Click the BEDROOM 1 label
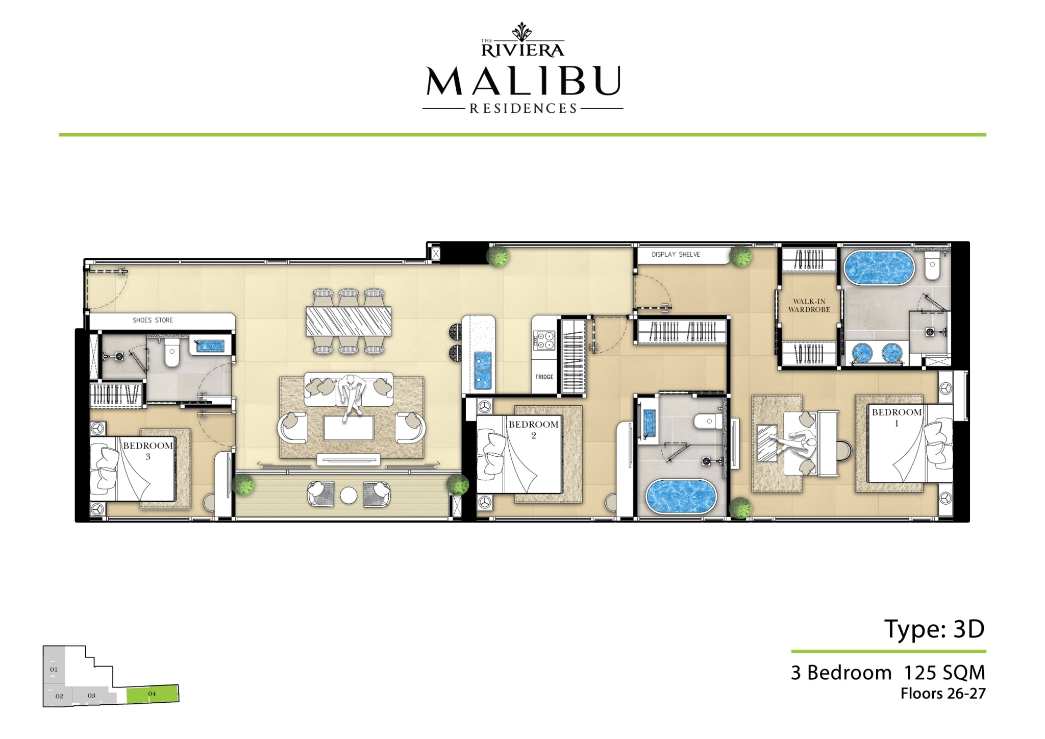point(897,417)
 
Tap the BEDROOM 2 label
point(533,429)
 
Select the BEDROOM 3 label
point(148,451)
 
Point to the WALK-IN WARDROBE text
point(809,305)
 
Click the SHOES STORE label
point(153,320)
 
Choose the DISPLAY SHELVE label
point(676,254)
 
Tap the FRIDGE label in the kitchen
point(544,377)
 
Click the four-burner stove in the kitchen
point(543,340)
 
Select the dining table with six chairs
point(349,321)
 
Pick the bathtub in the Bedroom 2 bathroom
point(681,497)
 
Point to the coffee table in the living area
point(349,427)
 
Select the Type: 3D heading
point(934,629)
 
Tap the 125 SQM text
point(944,673)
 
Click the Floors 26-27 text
point(943,694)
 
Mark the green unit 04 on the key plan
point(153,694)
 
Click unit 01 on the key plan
point(54,669)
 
